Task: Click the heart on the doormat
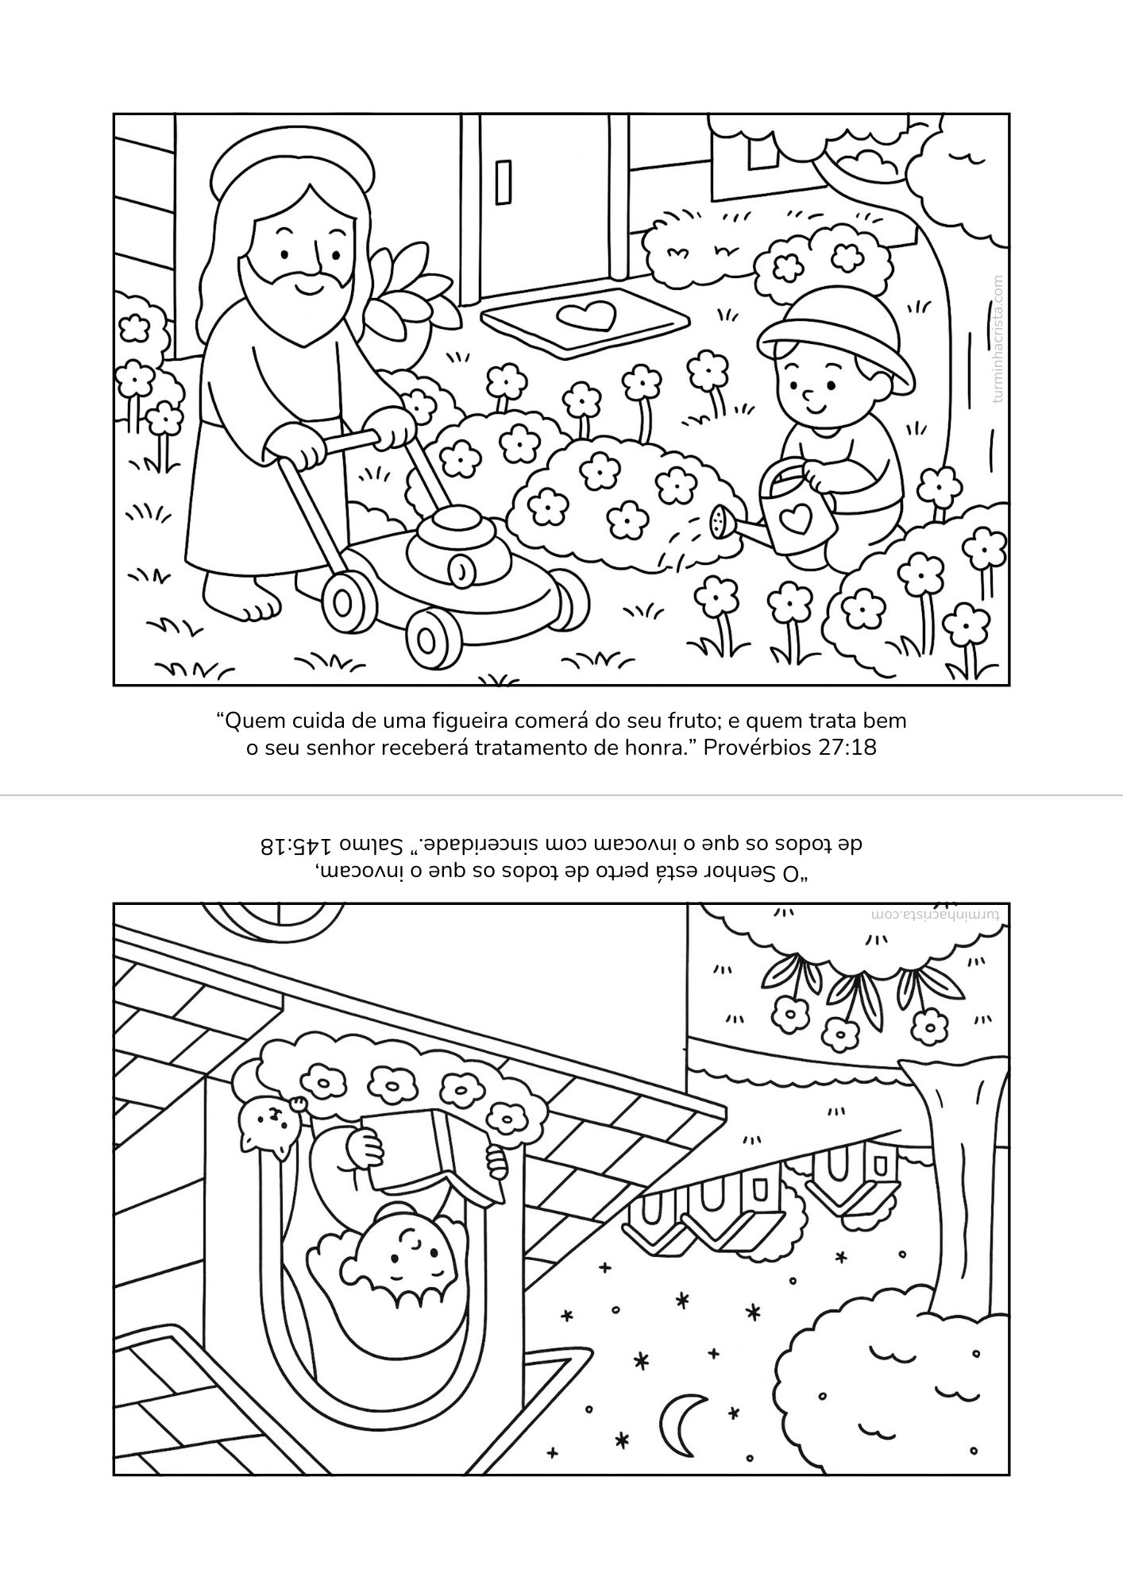(585, 316)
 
